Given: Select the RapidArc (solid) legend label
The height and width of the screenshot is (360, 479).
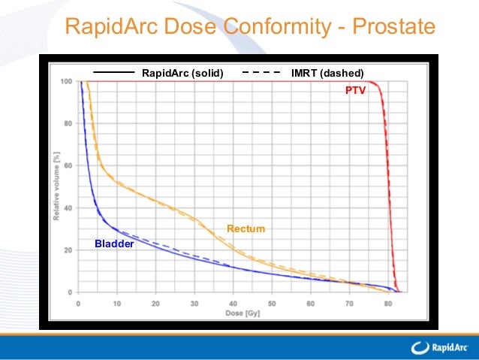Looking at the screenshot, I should pyautogui.click(x=182, y=73).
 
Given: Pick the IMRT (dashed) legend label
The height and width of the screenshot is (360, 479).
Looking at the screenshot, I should pyautogui.click(x=327, y=73).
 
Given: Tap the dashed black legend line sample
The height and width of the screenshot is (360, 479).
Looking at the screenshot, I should pyautogui.click(x=262, y=73).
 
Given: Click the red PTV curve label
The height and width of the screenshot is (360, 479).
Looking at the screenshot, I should pyautogui.click(x=355, y=90).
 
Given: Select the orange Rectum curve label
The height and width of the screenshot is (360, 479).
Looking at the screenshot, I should pyautogui.click(x=246, y=228).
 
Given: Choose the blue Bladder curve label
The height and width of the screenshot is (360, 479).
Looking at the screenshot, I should pyautogui.click(x=113, y=244).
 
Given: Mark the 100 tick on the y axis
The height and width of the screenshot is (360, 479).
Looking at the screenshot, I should pyautogui.click(x=67, y=81).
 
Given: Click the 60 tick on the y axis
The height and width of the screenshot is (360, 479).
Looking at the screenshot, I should pyautogui.click(x=68, y=165).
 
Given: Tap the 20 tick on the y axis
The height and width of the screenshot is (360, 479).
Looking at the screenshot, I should pyautogui.click(x=68, y=250).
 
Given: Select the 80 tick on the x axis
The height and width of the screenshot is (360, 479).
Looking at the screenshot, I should pyautogui.click(x=387, y=303).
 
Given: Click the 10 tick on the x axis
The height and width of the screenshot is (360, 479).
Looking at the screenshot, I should pyautogui.click(x=117, y=303).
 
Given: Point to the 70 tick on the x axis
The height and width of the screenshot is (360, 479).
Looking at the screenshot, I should pyautogui.click(x=348, y=303).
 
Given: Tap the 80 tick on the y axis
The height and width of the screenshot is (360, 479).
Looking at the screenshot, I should pyautogui.click(x=68, y=123).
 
